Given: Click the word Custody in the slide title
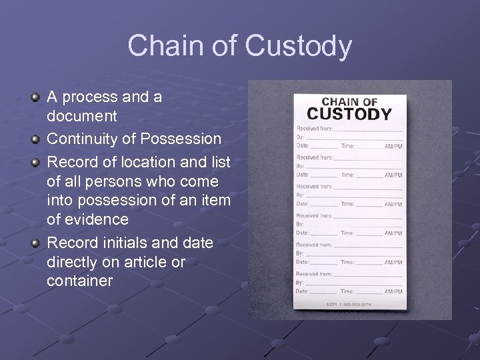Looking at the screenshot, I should click(x=298, y=47).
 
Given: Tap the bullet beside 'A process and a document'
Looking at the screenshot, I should click(x=35, y=98).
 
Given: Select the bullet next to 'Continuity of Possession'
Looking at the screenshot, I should click(x=35, y=140).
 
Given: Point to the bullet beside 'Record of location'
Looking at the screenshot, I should click(x=35, y=163).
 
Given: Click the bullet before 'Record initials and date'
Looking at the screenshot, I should click(x=35, y=243).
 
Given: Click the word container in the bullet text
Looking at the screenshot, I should click(x=80, y=281).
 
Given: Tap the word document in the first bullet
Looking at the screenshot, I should click(x=82, y=116).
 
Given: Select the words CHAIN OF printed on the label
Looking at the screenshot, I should click(x=349, y=101).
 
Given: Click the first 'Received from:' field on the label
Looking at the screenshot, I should click(x=315, y=128).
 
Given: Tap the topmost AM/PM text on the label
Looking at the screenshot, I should click(x=393, y=145).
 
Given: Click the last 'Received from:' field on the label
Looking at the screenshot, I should click(x=315, y=274).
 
